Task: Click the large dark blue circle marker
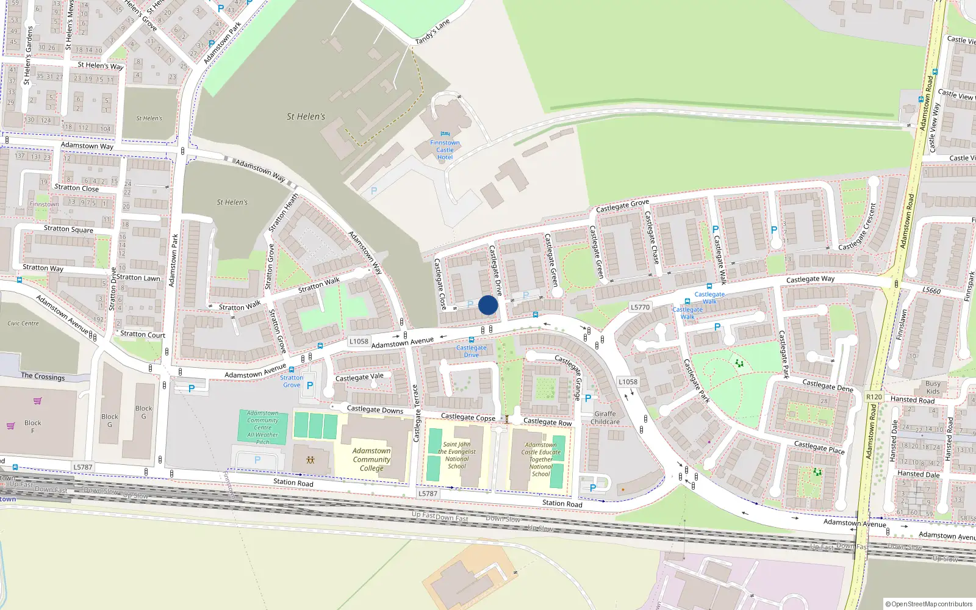click(488, 305)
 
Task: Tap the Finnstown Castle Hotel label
click(445, 149)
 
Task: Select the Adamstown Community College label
click(371, 459)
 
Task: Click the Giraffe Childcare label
click(605, 418)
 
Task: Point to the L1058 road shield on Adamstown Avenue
click(359, 341)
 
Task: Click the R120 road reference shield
click(874, 396)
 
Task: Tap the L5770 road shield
click(640, 307)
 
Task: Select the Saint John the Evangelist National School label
click(456, 455)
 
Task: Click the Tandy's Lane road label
click(432, 32)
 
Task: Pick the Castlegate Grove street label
click(622, 206)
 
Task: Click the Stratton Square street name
click(68, 229)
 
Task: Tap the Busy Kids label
click(933, 387)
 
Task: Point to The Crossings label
click(43, 376)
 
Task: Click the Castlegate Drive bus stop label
click(472, 351)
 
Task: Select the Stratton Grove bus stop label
click(292, 381)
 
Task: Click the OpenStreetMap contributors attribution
click(929, 604)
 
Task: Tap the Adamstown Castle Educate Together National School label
click(540, 459)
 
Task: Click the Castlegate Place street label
click(819, 447)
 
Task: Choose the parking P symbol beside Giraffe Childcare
click(588, 398)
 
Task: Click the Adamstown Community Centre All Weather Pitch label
click(262, 427)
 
